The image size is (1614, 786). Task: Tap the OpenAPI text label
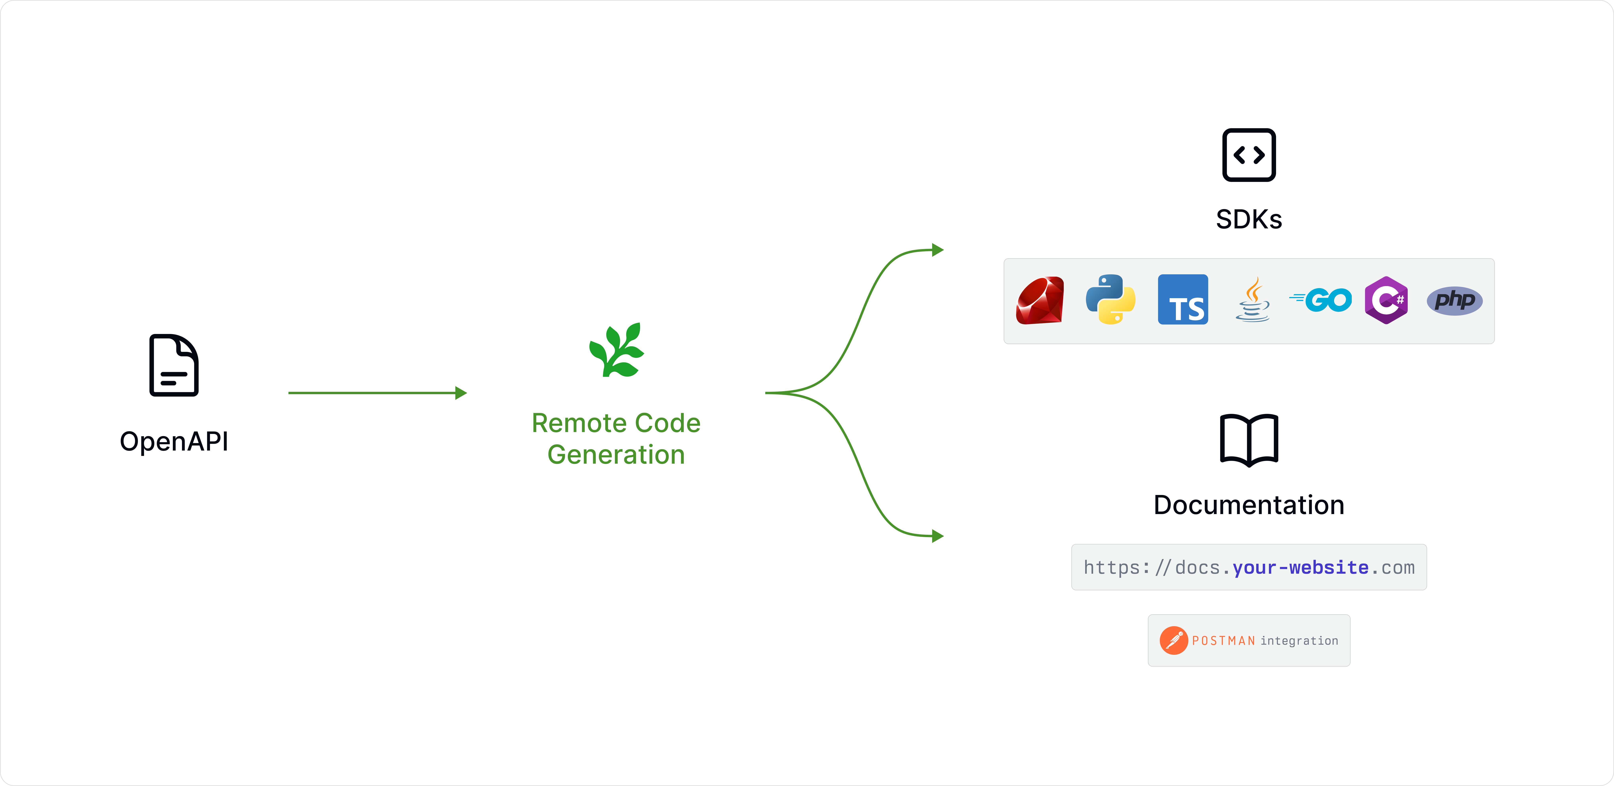(174, 441)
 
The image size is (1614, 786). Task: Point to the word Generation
(616, 454)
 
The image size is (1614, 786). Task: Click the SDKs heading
(1249, 219)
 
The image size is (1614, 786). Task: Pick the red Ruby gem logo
(1040, 300)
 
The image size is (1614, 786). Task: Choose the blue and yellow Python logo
(1110, 300)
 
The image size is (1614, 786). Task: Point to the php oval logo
(1454, 300)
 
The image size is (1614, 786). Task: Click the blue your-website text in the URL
(1300, 567)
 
